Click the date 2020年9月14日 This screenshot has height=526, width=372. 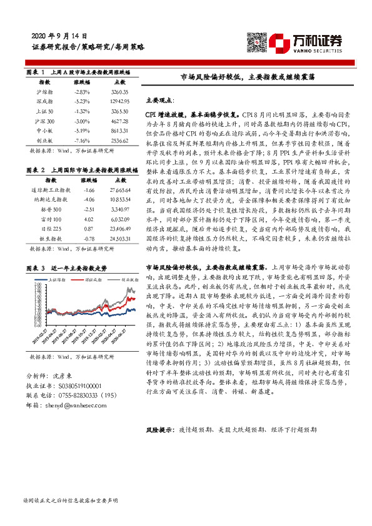click(x=59, y=36)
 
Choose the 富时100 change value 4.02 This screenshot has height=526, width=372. click(x=89, y=219)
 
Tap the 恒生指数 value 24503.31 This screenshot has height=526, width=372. click(x=118, y=239)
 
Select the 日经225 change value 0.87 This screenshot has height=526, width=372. click(x=89, y=229)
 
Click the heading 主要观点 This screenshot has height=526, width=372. click(x=161, y=99)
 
